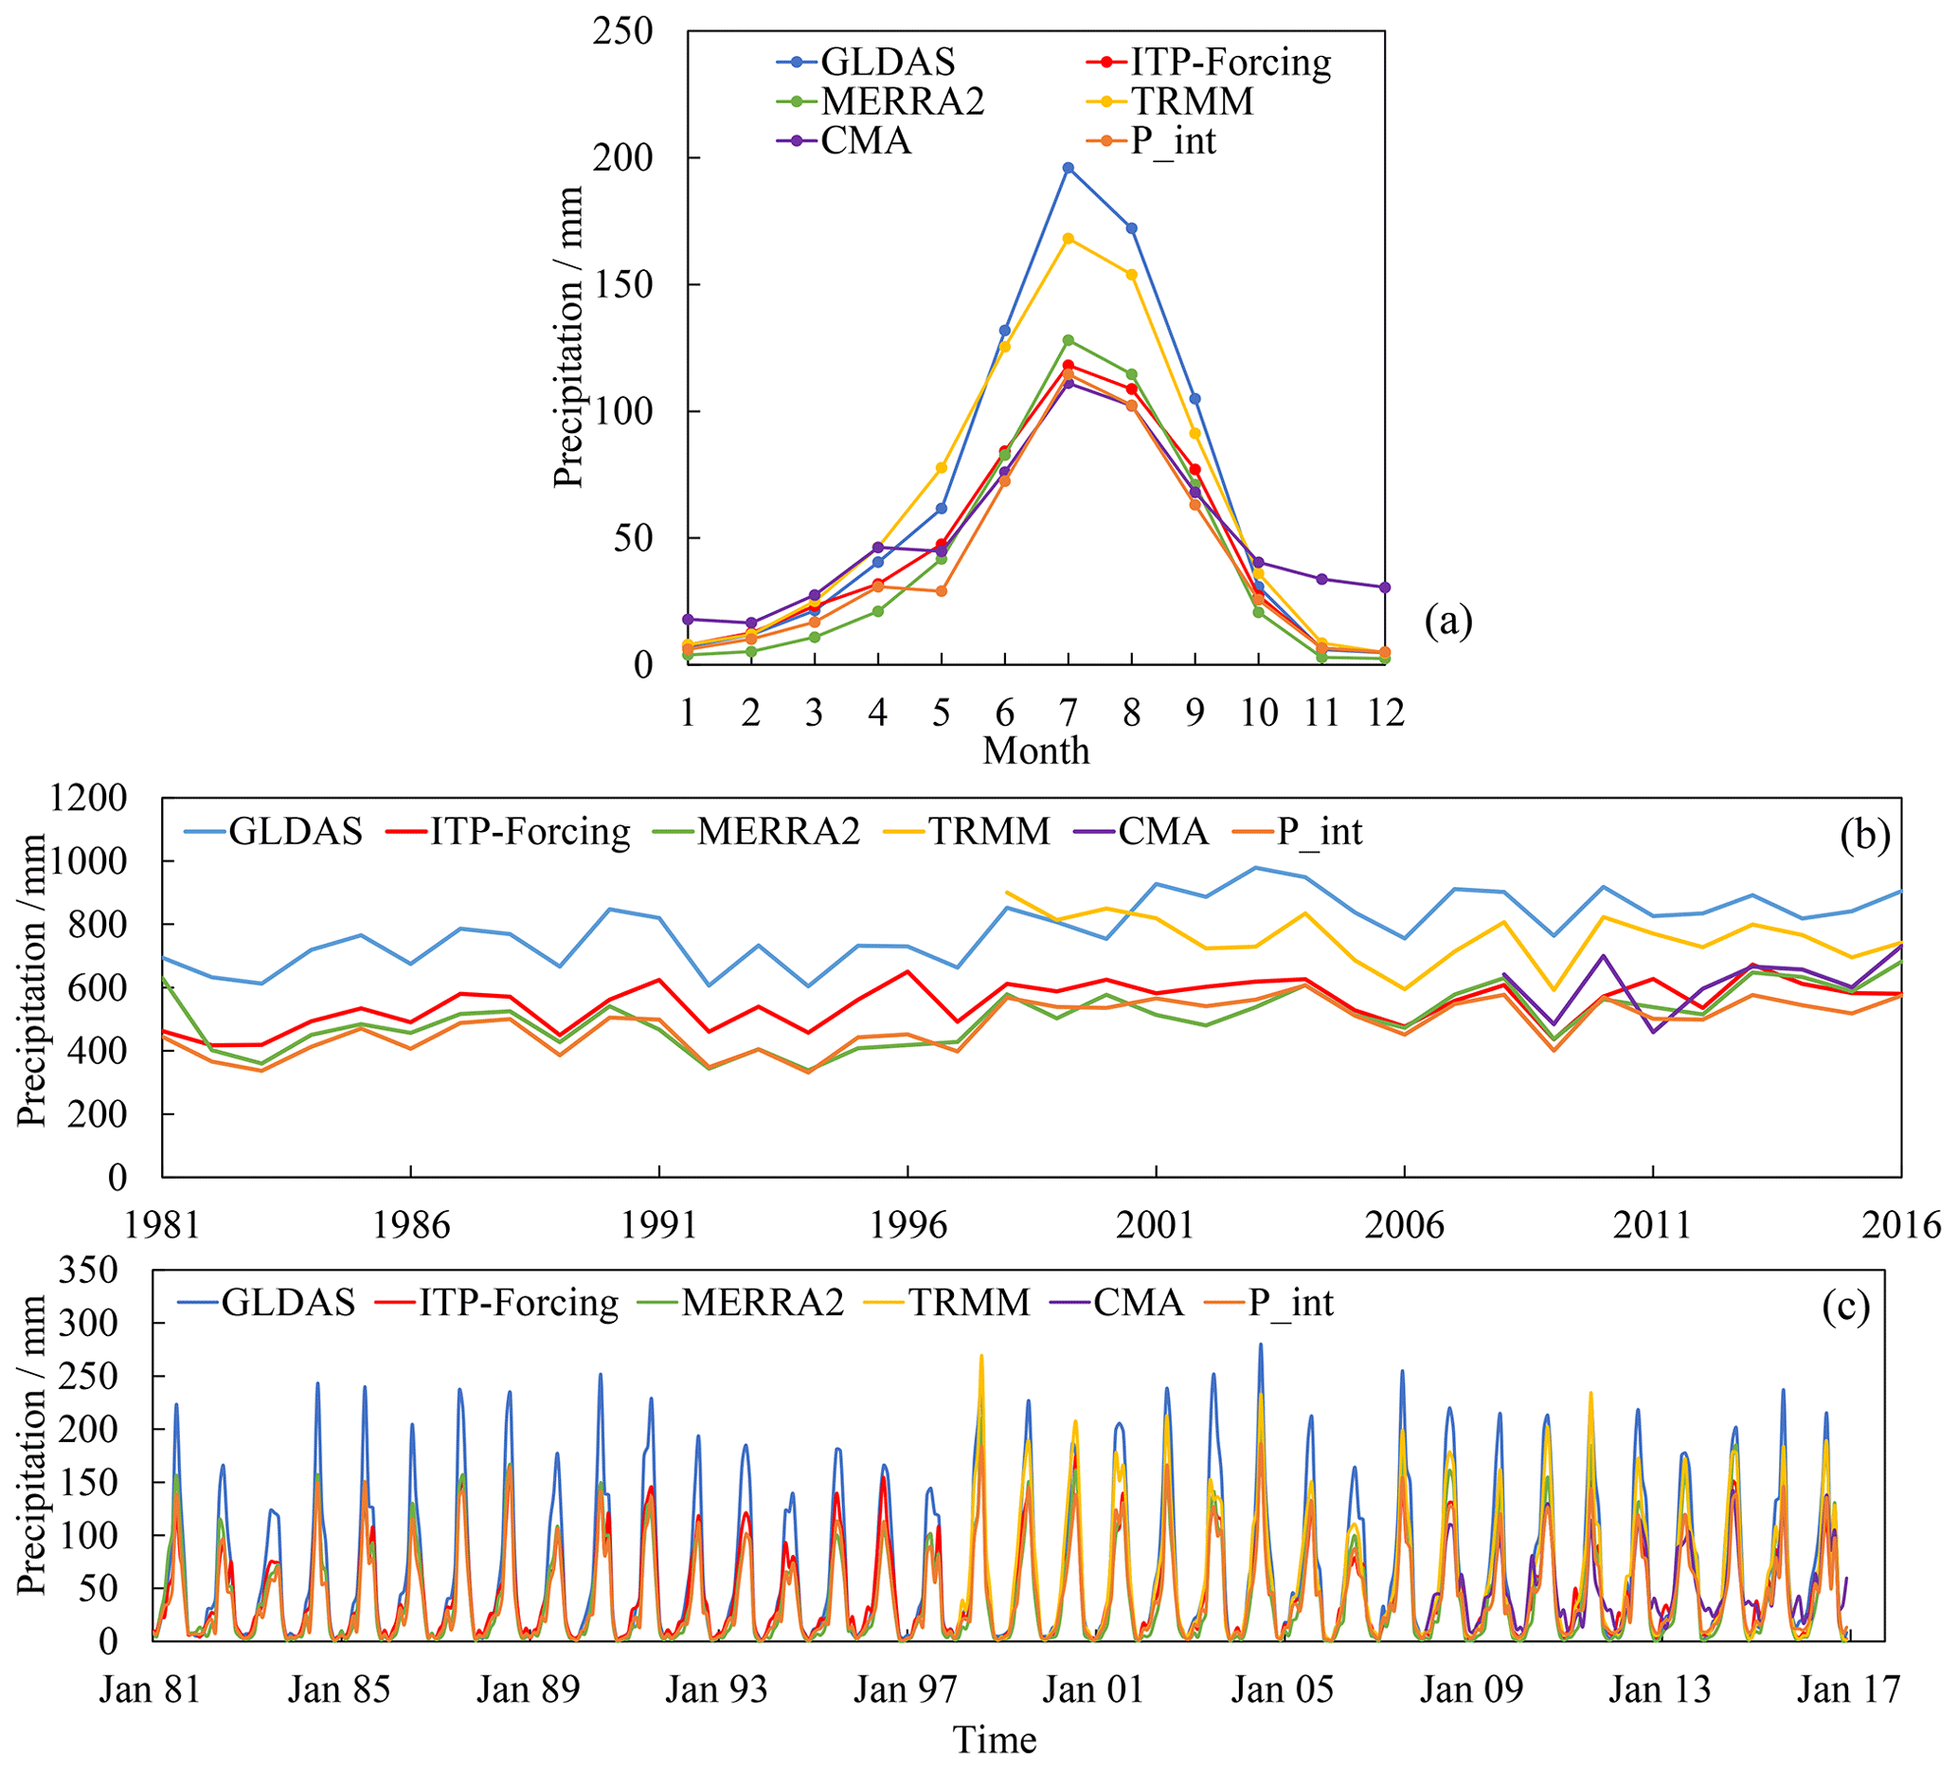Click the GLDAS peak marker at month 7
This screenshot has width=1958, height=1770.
(x=1069, y=168)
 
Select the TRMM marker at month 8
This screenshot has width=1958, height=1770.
(x=1131, y=275)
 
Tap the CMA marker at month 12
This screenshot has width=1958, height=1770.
(x=1385, y=587)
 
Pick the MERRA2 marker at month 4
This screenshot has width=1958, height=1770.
(x=878, y=611)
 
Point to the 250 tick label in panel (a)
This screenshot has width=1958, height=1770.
(x=621, y=31)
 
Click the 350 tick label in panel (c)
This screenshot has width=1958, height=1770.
(x=88, y=1270)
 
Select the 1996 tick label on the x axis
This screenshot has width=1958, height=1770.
(x=907, y=1226)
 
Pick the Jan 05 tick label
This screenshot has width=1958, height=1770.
(x=1282, y=1689)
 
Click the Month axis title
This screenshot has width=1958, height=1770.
(x=1035, y=751)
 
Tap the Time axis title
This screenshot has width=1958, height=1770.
(x=995, y=1739)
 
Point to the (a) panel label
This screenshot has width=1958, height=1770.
(x=1448, y=620)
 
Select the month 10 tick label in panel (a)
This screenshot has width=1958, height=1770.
(x=1259, y=713)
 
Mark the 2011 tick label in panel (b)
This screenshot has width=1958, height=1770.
(x=1652, y=1226)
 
